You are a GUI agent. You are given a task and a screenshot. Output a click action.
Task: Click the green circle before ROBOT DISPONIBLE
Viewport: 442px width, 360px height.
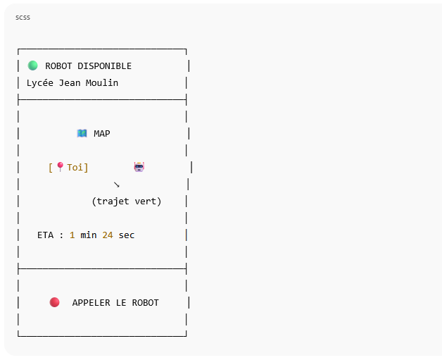(x=32, y=66)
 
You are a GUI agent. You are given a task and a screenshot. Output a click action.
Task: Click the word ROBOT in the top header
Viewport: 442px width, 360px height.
(x=59, y=66)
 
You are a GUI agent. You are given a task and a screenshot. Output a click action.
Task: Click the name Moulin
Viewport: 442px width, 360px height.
(x=102, y=83)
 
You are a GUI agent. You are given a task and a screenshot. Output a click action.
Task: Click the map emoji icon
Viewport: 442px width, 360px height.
(x=82, y=133)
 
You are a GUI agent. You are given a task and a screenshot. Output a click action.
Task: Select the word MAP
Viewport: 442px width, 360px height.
(x=102, y=134)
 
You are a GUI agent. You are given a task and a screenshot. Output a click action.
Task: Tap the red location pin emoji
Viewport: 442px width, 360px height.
(x=60, y=167)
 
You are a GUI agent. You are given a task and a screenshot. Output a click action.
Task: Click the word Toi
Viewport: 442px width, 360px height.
(x=75, y=168)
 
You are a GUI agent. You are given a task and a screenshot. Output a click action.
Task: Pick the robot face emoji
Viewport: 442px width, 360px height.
(x=139, y=167)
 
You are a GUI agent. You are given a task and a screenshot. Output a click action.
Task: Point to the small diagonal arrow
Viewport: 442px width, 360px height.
(x=117, y=185)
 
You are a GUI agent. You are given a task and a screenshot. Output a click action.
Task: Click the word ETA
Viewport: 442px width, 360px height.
(x=46, y=235)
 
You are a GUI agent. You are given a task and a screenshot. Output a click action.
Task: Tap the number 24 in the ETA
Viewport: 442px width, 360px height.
(x=108, y=235)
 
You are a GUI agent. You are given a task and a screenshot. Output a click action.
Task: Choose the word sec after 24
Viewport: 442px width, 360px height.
(x=127, y=235)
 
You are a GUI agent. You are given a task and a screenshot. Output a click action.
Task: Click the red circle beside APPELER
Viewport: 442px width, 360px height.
(x=54, y=302)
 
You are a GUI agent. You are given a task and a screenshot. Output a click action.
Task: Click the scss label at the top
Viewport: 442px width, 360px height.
(x=23, y=16)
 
